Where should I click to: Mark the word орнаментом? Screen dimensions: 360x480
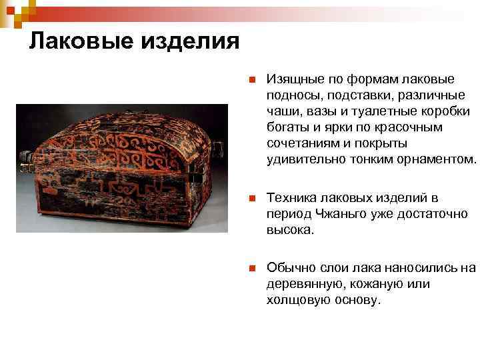(437, 159)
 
